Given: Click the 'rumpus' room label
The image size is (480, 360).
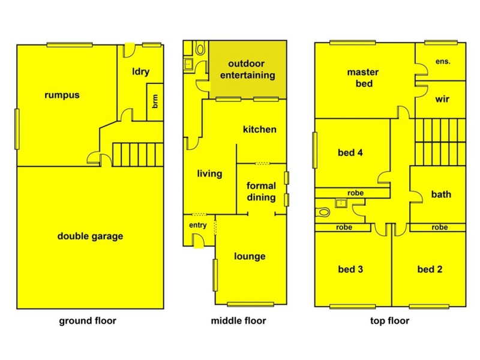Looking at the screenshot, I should (62, 95).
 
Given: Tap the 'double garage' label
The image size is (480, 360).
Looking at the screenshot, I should (90, 236).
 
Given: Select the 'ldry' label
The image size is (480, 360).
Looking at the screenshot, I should (141, 72).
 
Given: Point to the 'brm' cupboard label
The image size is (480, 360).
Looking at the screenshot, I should (155, 102).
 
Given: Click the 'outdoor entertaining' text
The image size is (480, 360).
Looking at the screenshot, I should (247, 70).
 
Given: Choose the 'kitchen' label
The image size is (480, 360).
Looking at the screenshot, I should (259, 129).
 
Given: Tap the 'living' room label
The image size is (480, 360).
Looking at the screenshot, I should (209, 174).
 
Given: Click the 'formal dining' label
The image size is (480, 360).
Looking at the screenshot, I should (261, 191).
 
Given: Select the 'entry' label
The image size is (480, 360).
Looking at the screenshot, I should (198, 225).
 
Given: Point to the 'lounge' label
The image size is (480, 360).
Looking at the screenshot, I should (250, 256).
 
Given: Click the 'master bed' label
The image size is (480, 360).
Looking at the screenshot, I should (364, 78).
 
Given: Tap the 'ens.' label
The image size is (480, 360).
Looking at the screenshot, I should (442, 61).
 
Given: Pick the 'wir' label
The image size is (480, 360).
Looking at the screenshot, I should (442, 99).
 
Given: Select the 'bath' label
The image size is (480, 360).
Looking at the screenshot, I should (441, 194).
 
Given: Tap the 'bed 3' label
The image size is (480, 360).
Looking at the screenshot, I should (350, 269).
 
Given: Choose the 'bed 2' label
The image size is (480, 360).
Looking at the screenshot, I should (430, 269).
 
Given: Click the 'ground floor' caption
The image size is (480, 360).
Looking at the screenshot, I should (88, 320).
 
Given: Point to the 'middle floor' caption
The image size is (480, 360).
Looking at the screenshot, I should (238, 320).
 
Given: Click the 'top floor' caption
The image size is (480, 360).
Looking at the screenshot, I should (389, 320).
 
